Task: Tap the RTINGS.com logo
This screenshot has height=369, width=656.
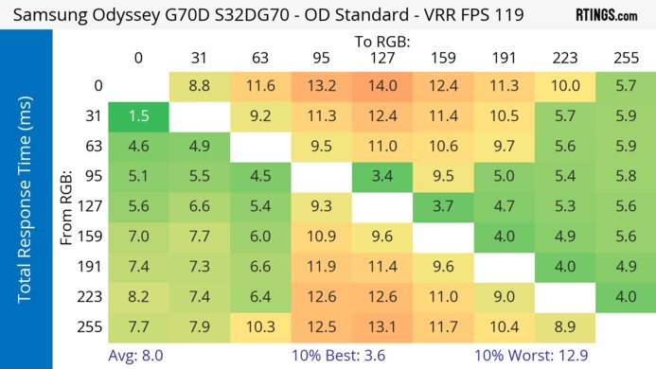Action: (x=606, y=15)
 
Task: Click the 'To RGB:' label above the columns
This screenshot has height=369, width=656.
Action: (x=382, y=42)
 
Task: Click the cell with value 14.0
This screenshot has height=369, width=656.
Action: (x=382, y=86)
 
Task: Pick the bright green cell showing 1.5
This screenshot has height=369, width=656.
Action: (x=138, y=116)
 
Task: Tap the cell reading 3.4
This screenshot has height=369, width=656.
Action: (x=382, y=174)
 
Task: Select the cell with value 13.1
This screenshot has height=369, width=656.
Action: (x=382, y=325)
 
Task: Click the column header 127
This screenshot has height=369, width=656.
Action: (x=382, y=59)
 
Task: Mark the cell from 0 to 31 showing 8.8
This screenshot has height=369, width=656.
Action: (x=200, y=86)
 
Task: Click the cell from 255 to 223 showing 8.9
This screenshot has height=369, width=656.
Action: (x=565, y=325)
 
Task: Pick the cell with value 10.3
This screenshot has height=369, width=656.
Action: (x=260, y=325)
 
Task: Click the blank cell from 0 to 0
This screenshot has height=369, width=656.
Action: (x=138, y=86)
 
